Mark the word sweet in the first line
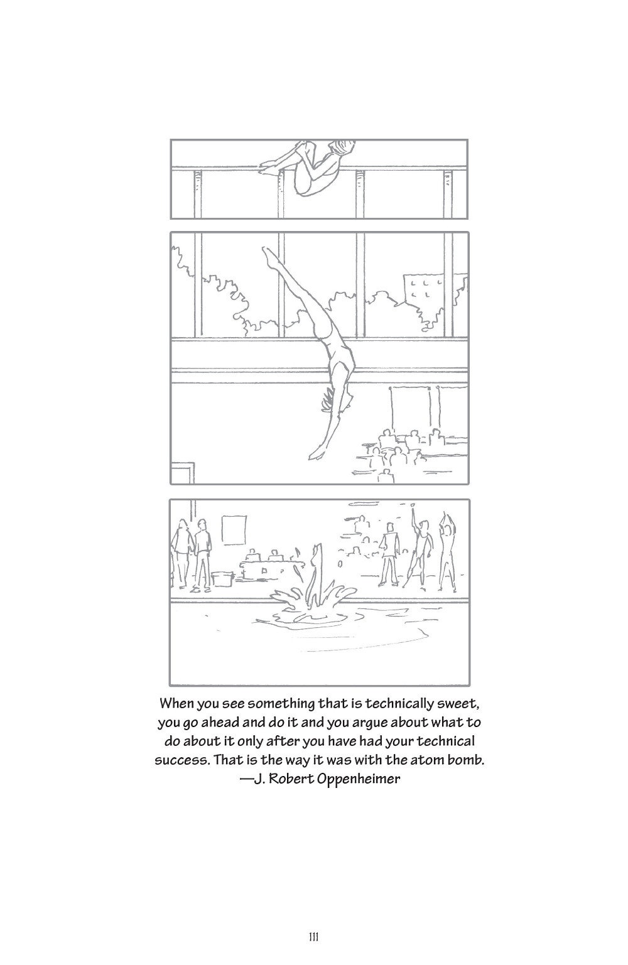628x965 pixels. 460,704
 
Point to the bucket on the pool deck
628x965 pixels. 222,578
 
